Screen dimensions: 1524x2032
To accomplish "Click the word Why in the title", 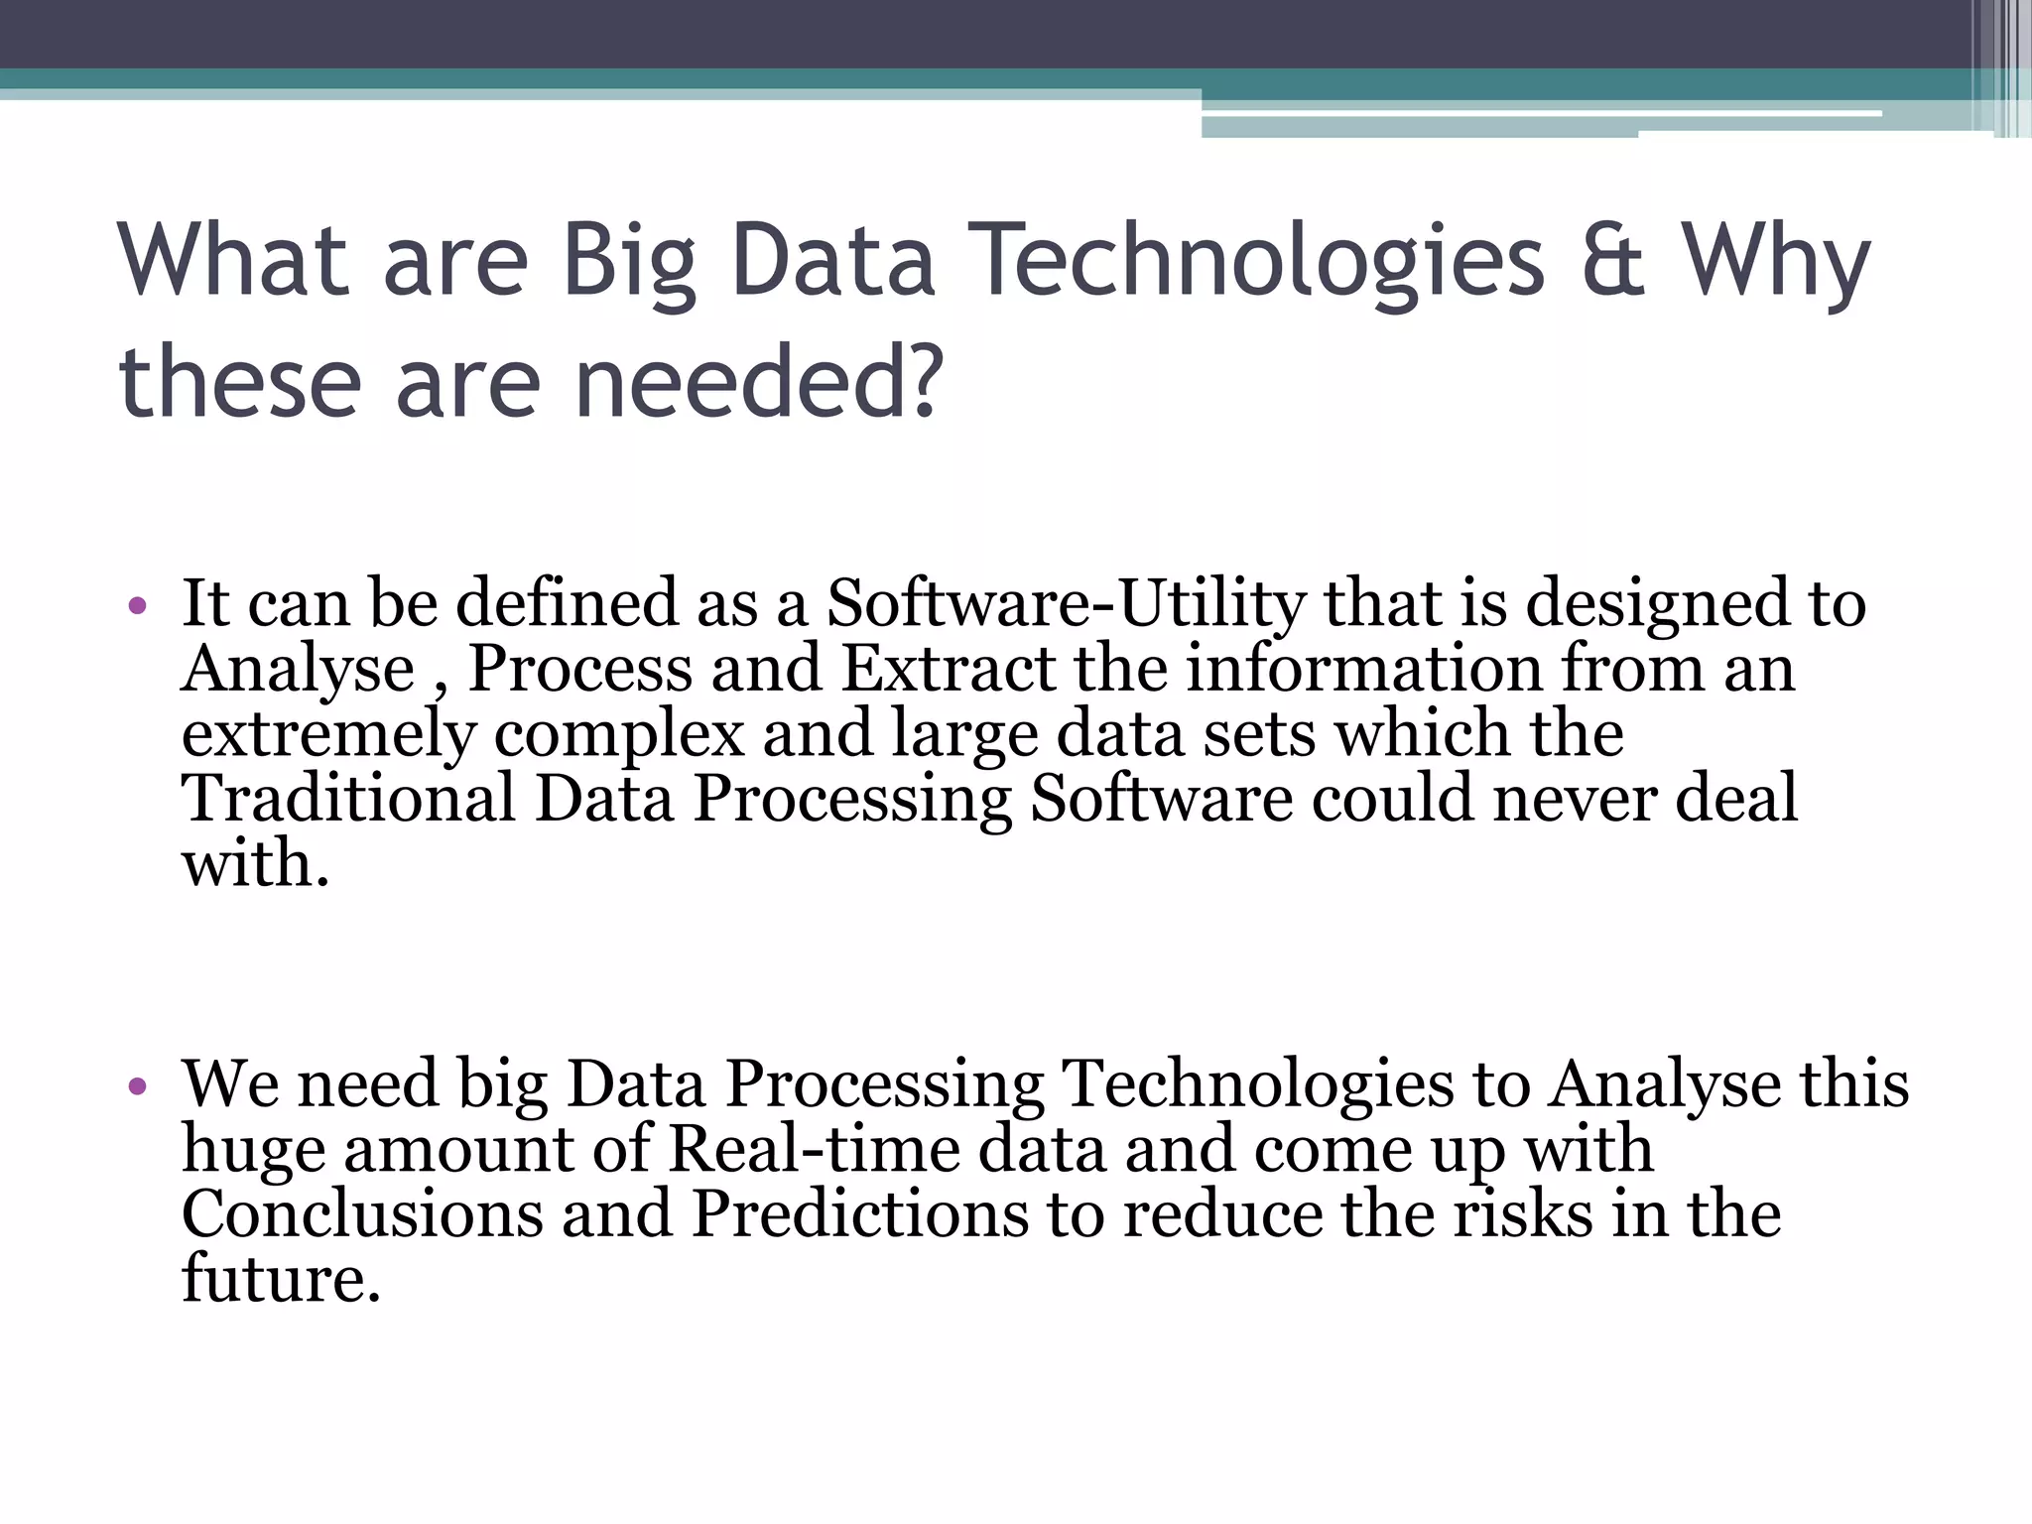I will tap(1775, 260).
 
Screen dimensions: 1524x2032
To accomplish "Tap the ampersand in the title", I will tap(1613, 260).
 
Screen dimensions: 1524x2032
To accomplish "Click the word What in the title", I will tap(232, 260).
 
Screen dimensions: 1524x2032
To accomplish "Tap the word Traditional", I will tap(348, 799).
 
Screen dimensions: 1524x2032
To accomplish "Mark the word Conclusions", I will tap(362, 1214).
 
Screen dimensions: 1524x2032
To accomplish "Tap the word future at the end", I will tap(273, 1280).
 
